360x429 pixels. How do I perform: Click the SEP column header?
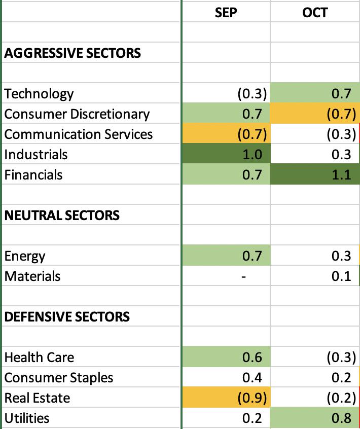(226, 13)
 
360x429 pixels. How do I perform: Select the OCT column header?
(315, 13)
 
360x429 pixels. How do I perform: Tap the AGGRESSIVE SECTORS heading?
(73, 53)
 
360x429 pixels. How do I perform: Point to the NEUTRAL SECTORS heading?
(62, 216)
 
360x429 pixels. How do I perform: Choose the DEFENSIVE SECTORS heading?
(67, 316)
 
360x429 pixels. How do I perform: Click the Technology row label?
(39, 94)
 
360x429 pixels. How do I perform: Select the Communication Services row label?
(79, 134)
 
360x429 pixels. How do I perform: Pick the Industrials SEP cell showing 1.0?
(226, 154)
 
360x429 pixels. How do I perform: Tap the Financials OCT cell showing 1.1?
(315, 174)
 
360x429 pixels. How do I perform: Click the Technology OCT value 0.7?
(341, 94)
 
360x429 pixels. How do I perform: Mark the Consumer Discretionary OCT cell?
(315, 114)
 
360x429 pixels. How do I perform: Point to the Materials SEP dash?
(244, 276)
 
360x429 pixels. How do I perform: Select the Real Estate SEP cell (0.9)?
(226, 398)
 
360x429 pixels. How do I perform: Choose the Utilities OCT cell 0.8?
(315, 418)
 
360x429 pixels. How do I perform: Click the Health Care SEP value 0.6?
(252, 357)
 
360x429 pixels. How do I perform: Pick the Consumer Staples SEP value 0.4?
(252, 378)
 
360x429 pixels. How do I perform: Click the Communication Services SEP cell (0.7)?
(226, 134)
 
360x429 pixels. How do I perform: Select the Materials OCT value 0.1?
(341, 276)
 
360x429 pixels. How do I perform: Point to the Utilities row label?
(27, 418)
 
